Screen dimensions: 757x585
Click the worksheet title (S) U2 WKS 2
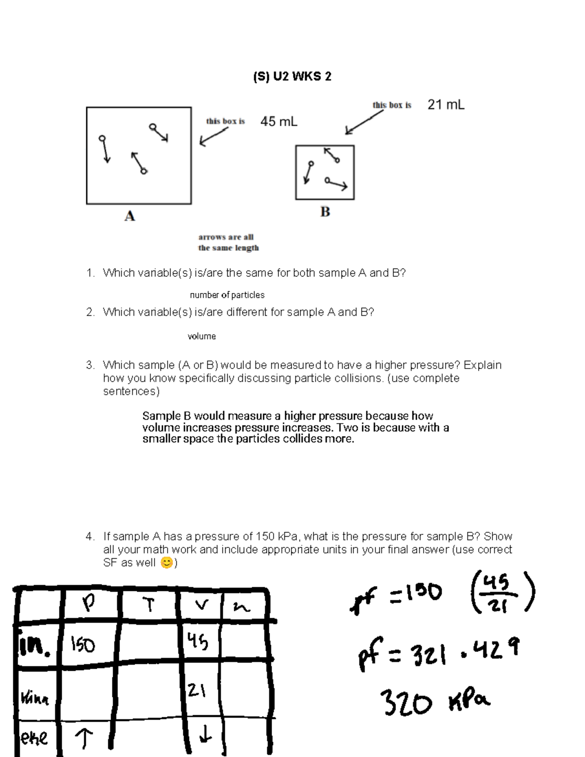292,77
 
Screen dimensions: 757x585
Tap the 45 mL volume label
278,121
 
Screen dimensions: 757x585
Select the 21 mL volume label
446,105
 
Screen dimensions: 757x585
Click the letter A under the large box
129,216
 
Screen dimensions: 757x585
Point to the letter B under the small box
325,212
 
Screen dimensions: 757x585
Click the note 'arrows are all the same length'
228,242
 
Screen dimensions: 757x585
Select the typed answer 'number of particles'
227,295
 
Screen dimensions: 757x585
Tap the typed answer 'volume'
201,336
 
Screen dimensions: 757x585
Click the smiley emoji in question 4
167,563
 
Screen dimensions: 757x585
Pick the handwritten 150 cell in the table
83,645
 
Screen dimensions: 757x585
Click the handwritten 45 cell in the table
197,641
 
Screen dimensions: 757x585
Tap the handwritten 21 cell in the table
196,690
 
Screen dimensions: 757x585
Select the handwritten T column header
149,605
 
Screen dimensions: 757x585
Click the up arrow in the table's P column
84,738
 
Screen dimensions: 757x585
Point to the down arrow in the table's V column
206,734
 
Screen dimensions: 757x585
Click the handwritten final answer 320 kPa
435,702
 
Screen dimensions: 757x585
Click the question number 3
90,365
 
